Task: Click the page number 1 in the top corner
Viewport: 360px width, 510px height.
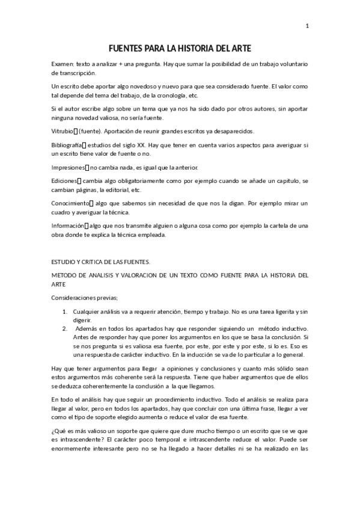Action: tap(308, 26)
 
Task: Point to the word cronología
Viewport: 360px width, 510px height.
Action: tap(168, 96)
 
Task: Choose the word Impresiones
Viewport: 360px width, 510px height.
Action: tap(68, 167)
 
